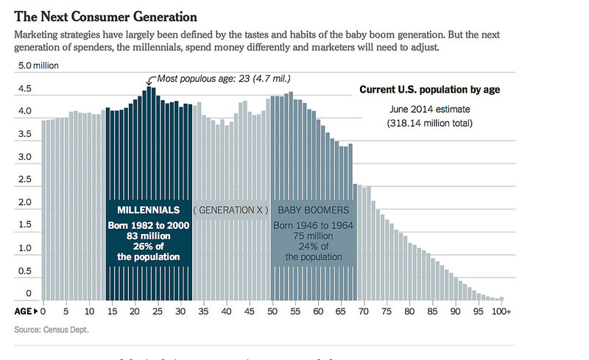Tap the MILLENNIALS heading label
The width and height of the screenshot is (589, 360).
(x=149, y=209)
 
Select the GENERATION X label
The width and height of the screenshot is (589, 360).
(x=231, y=209)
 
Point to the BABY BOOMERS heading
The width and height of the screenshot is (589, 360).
(x=313, y=209)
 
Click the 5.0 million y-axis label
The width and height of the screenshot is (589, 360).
(x=38, y=66)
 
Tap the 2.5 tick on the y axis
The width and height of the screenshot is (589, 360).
(x=24, y=180)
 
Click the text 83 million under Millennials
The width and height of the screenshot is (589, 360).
(x=149, y=234)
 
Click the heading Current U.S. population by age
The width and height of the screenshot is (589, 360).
(x=430, y=90)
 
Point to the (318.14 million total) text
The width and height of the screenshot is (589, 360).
(x=430, y=124)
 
